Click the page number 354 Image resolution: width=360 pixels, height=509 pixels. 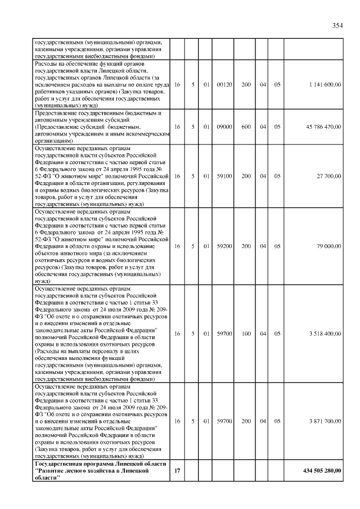point(337,25)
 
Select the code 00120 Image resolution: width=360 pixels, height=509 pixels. point(224,84)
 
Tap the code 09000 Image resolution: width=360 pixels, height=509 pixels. point(224,127)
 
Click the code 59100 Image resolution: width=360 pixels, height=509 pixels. point(224,176)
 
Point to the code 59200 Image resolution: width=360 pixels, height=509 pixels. point(224,246)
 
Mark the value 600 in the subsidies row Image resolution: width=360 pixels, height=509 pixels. point(246,127)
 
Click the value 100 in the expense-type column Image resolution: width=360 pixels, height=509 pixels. point(246,334)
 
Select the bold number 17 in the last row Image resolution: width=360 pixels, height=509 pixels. point(177,470)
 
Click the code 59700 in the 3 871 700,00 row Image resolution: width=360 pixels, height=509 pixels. point(224,421)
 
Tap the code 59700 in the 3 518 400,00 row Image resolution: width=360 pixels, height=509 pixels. point(224,334)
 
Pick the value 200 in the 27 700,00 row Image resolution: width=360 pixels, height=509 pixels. point(246,176)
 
